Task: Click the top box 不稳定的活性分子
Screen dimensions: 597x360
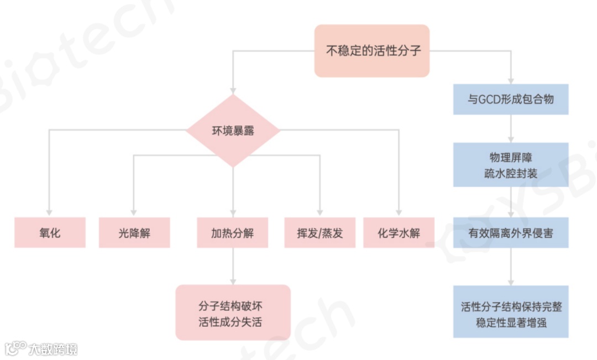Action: [x=372, y=51]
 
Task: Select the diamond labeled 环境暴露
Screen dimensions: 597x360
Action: [x=233, y=131]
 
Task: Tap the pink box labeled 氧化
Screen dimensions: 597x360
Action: [x=50, y=232]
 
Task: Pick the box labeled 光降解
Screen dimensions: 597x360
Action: [x=134, y=232]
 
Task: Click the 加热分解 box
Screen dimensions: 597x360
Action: [x=233, y=232]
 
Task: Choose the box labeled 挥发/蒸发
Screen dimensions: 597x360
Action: [x=320, y=232]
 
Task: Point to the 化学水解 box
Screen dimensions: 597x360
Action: [x=399, y=232]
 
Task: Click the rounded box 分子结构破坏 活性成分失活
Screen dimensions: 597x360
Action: [x=233, y=312]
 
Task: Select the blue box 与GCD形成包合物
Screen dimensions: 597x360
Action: [x=511, y=100]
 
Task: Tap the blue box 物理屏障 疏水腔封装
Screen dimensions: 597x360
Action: [x=511, y=165]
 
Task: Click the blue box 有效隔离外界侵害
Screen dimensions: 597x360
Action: [x=511, y=233]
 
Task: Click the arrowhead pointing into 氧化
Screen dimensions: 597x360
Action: [x=50, y=212]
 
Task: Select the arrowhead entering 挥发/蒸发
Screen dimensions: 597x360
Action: [x=320, y=212]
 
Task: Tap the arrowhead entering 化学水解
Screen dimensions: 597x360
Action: [x=399, y=212]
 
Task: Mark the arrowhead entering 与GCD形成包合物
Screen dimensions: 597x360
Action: [x=511, y=80]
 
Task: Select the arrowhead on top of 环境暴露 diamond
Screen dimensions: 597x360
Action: [x=233, y=90]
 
